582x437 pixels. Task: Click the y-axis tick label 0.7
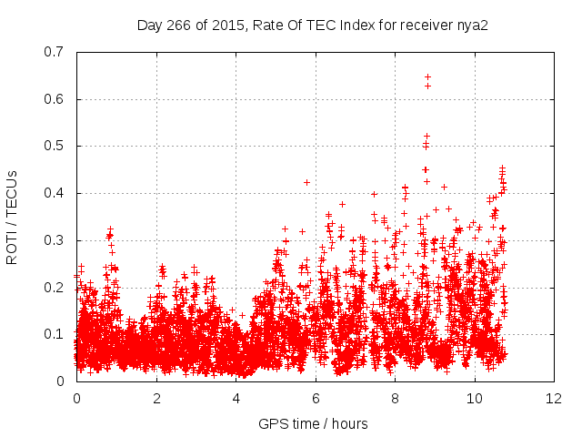pyautogui.click(x=55, y=52)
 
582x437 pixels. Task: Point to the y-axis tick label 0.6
pyautogui.click(x=55, y=99)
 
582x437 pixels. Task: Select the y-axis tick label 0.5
pyautogui.click(x=55, y=146)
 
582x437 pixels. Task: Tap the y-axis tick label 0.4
pyautogui.click(x=55, y=193)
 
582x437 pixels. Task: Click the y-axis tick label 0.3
pyautogui.click(x=55, y=240)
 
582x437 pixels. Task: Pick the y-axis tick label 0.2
pyautogui.click(x=55, y=288)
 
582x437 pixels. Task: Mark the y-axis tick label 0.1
pyautogui.click(x=55, y=334)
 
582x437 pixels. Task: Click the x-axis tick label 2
pyautogui.click(x=156, y=399)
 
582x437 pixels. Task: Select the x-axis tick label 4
pyautogui.click(x=236, y=399)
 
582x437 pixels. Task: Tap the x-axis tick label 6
pyautogui.click(x=316, y=399)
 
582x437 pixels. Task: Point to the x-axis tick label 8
pyautogui.click(x=395, y=399)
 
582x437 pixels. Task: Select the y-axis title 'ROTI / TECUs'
pyautogui.click(x=12, y=217)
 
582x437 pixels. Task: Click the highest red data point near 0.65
pyautogui.click(x=427, y=76)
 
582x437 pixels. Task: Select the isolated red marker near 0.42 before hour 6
pyautogui.click(x=306, y=182)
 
